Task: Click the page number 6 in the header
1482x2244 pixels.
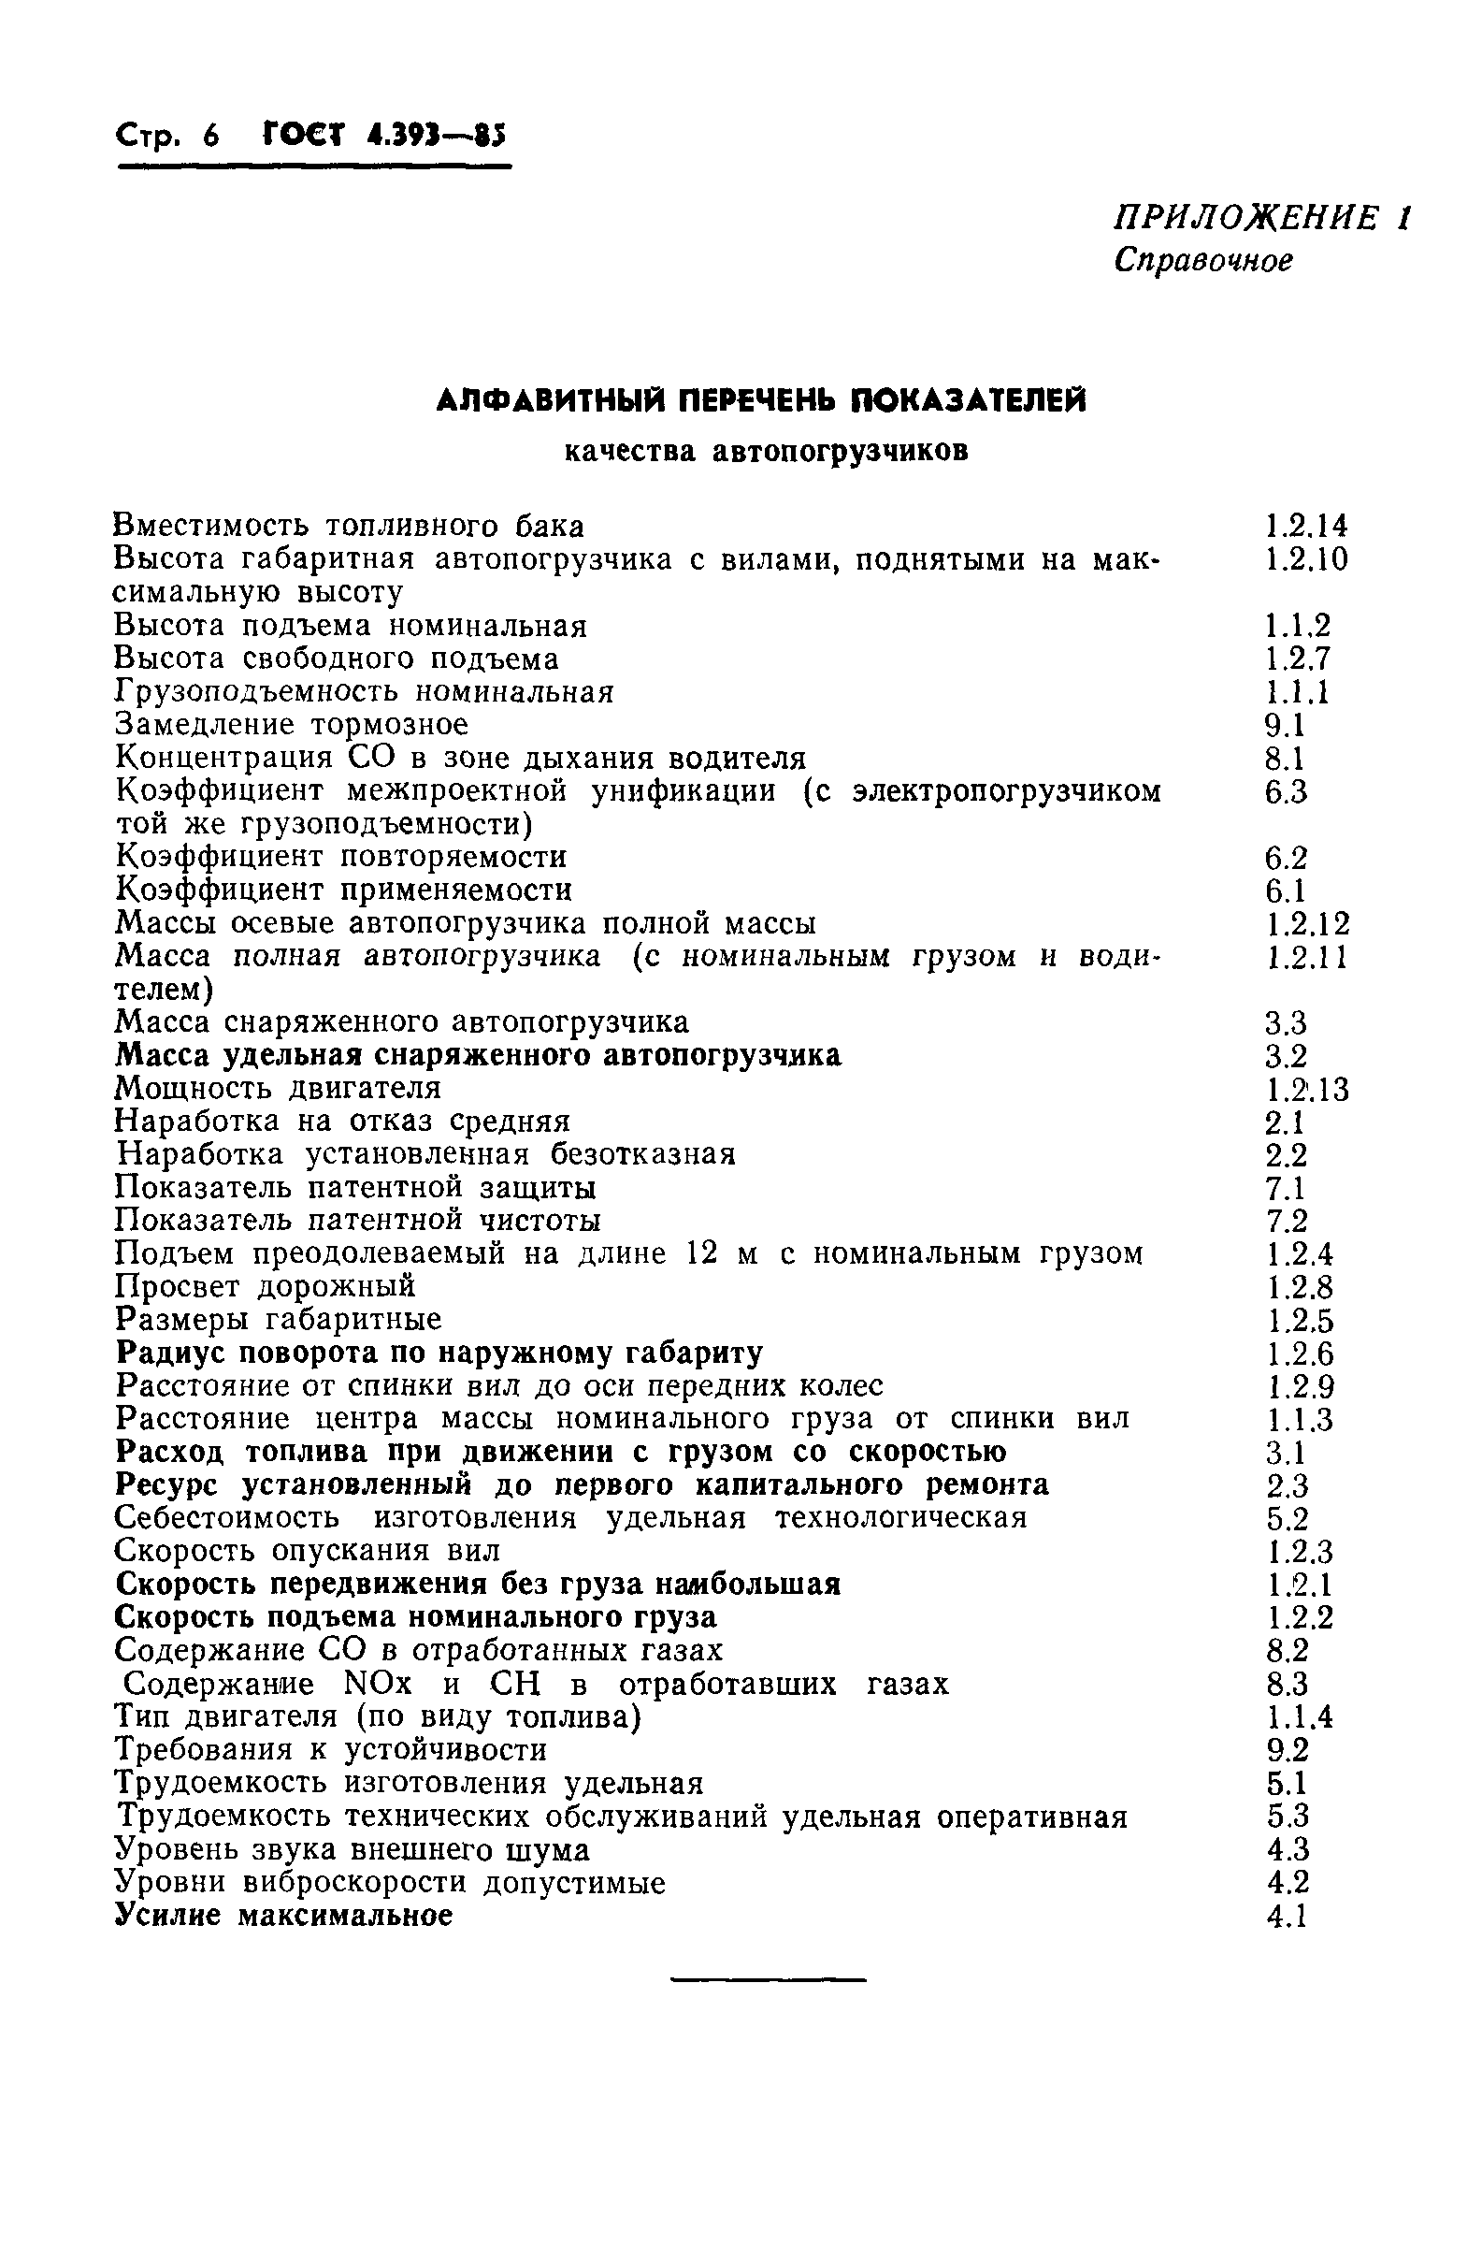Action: click(209, 138)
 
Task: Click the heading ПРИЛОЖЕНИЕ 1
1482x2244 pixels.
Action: click(1260, 219)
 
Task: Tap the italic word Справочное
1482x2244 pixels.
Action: click(1202, 260)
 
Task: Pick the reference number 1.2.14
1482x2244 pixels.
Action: click(1306, 527)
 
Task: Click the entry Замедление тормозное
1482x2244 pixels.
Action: click(291, 725)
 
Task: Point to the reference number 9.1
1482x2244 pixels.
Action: click(1285, 726)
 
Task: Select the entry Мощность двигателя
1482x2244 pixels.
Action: click(278, 1088)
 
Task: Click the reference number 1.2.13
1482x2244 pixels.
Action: click(1307, 1091)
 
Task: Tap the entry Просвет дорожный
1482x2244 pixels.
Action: click(265, 1286)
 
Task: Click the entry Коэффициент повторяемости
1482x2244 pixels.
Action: click(340, 858)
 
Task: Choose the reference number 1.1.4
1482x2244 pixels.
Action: click(1299, 1717)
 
